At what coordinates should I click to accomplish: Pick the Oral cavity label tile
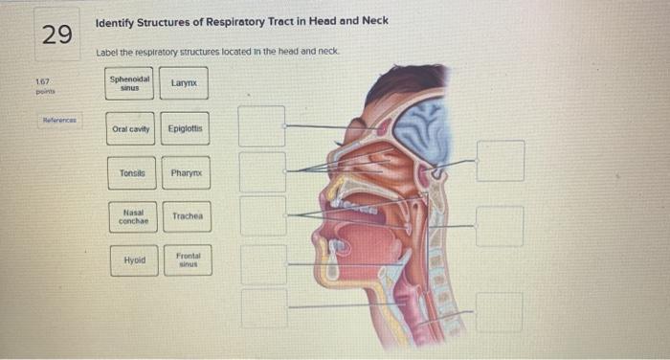[130, 128]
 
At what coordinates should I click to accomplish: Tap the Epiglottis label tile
[185, 128]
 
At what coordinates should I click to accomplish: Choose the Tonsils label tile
[132, 173]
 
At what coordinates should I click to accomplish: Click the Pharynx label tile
[185, 173]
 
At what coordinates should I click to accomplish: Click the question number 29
[56, 34]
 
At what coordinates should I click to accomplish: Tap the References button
[59, 121]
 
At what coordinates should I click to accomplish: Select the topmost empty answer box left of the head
[262, 125]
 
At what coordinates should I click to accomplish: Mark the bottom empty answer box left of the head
[263, 306]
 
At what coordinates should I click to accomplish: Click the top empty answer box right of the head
[501, 161]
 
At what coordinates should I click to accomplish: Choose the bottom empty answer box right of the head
[500, 312]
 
